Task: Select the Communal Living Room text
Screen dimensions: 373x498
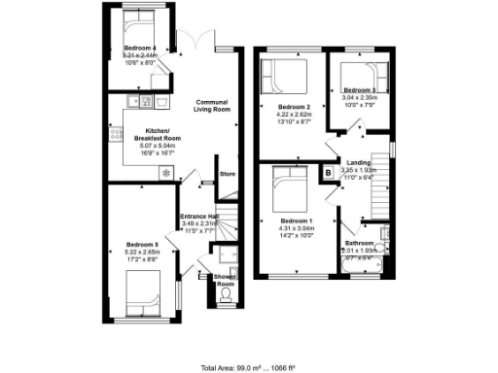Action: (212, 106)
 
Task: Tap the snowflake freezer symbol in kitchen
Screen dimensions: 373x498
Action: (165, 173)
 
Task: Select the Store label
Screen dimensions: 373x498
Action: (228, 174)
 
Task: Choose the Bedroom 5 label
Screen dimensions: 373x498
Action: (141, 244)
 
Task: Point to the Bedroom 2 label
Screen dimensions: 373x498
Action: (294, 107)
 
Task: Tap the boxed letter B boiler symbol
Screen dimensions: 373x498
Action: (328, 173)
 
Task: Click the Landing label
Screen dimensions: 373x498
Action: (359, 162)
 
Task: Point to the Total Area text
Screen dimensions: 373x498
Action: (249, 367)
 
